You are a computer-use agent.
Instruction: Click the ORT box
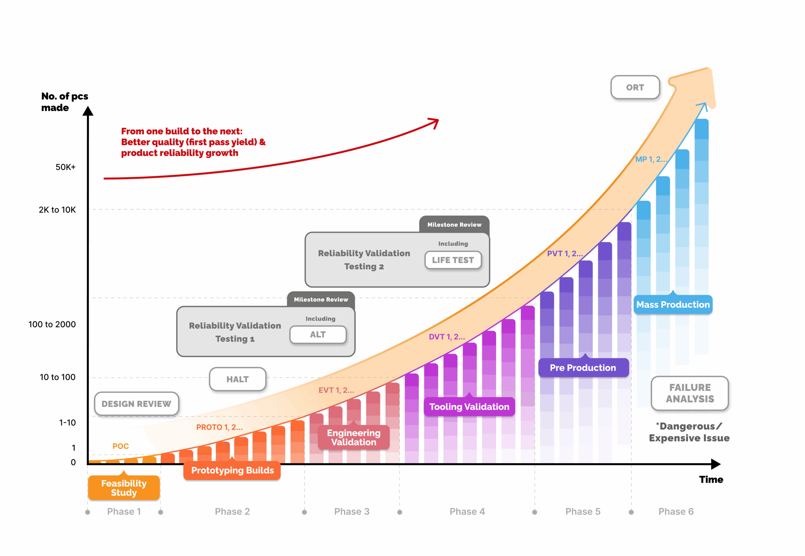(x=635, y=87)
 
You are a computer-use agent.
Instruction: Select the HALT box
(x=237, y=379)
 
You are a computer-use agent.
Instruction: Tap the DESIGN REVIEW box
(x=136, y=404)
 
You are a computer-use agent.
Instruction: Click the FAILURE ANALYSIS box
(x=689, y=393)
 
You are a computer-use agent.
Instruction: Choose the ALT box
(x=318, y=334)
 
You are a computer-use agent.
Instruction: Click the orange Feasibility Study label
(x=124, y=488)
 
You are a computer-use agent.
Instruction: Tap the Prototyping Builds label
(x=232, y=470)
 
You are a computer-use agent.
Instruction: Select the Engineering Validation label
(x=353, y=437)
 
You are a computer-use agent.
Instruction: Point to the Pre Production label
(x=583, y=368)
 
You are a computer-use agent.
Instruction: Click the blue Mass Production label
(x=673, y=305)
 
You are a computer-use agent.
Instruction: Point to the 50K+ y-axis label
(x=65, y=167)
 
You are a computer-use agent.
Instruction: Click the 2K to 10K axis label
(x=57, y=210)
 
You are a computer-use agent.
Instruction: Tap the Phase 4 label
(x=467, y=511)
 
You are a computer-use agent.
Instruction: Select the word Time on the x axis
(x=711, y=480)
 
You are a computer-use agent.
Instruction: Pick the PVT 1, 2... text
(x=564, y=254)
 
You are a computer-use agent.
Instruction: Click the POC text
(x=120, y=446)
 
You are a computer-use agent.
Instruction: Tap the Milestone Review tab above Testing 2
(x=454, y=225)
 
